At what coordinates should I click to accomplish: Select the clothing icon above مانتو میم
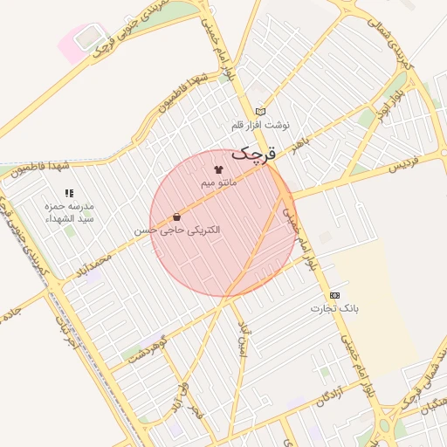[x=218, y=170]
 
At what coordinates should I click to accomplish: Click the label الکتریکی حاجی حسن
[x=177, y=230]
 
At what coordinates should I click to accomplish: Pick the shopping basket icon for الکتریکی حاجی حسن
[x=177, y=217]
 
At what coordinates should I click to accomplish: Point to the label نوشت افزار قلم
[x=260, y=125]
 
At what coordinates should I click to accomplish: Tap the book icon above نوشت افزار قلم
[x=260, y=112]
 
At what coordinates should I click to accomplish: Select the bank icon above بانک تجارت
[x=334, y=296]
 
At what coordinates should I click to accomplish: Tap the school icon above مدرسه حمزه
[x=69, y=193]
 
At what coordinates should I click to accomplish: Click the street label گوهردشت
[x=146, y=347]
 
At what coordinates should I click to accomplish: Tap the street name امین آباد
[x=244, y=339]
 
